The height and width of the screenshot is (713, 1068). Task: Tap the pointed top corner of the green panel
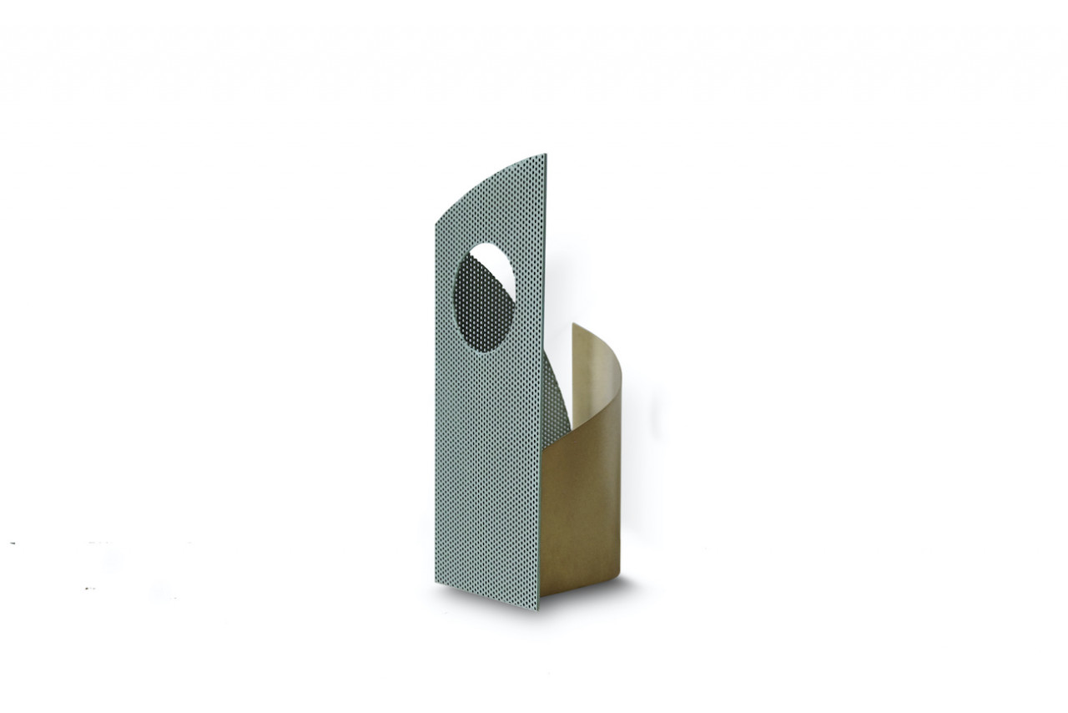point(545,154)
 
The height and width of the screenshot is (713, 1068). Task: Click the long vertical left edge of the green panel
point(436,401)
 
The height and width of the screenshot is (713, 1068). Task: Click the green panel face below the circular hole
point(488,468)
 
